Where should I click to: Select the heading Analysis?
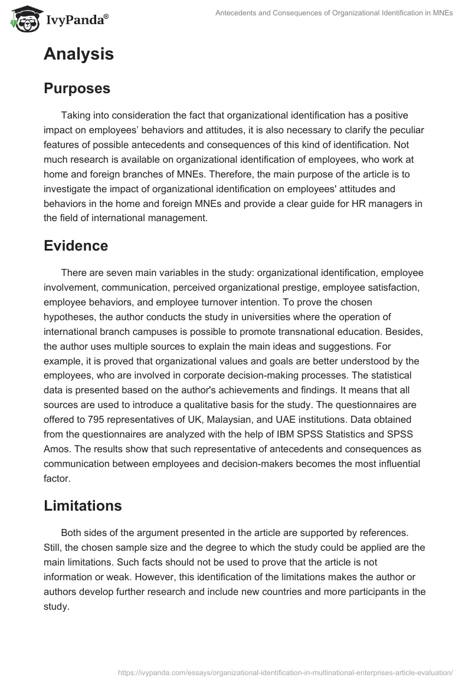(78, 55)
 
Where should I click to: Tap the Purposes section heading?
(77, 88)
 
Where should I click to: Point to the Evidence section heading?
(76, 246)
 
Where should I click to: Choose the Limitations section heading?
(83, 505)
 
